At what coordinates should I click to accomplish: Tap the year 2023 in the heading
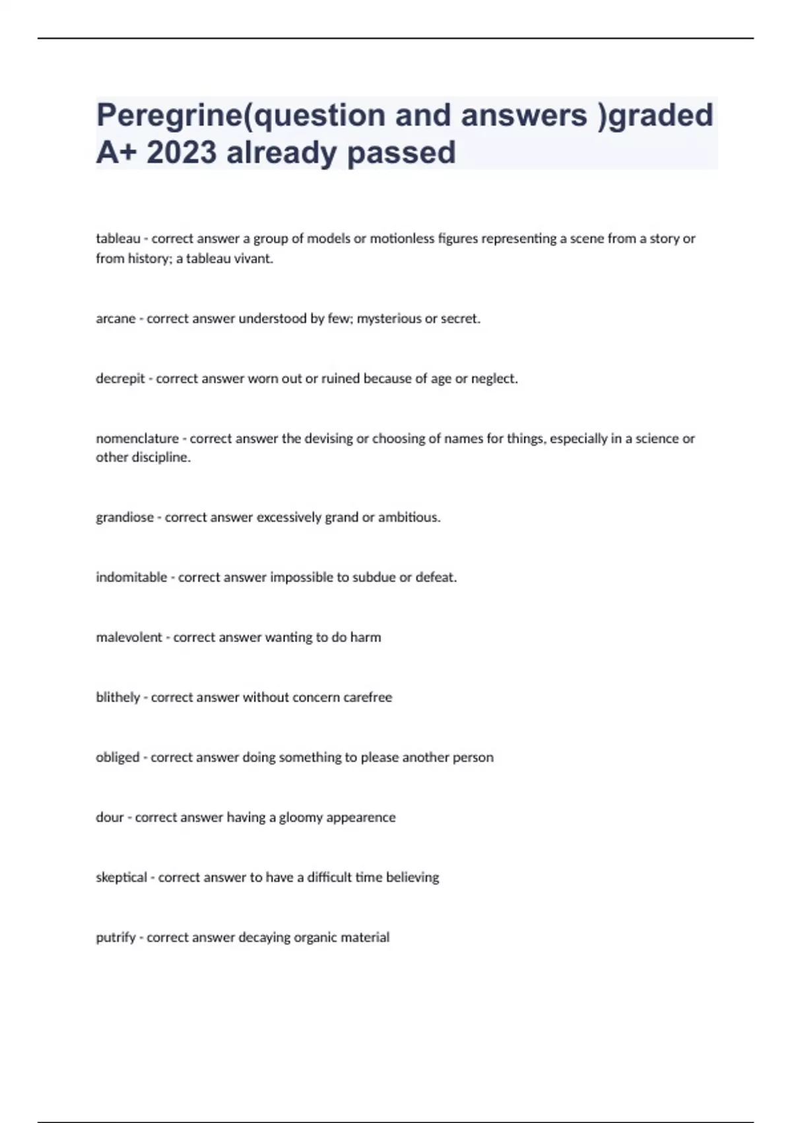(181, 153)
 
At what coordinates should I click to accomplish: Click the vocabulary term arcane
(115, 318)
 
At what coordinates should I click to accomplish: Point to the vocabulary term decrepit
(120, 379)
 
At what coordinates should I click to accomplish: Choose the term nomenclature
(137, 439)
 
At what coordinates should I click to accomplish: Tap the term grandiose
(125, 517)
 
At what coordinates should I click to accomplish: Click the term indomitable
(131, 577)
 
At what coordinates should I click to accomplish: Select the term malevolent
(129, 637)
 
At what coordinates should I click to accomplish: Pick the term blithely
(117, 698)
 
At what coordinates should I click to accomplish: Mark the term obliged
(117, 758)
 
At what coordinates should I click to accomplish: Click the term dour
(110, 817)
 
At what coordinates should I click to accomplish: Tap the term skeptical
(121, 877)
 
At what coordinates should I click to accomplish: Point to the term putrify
(115, 937)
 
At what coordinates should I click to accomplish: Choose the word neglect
(494, 379)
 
